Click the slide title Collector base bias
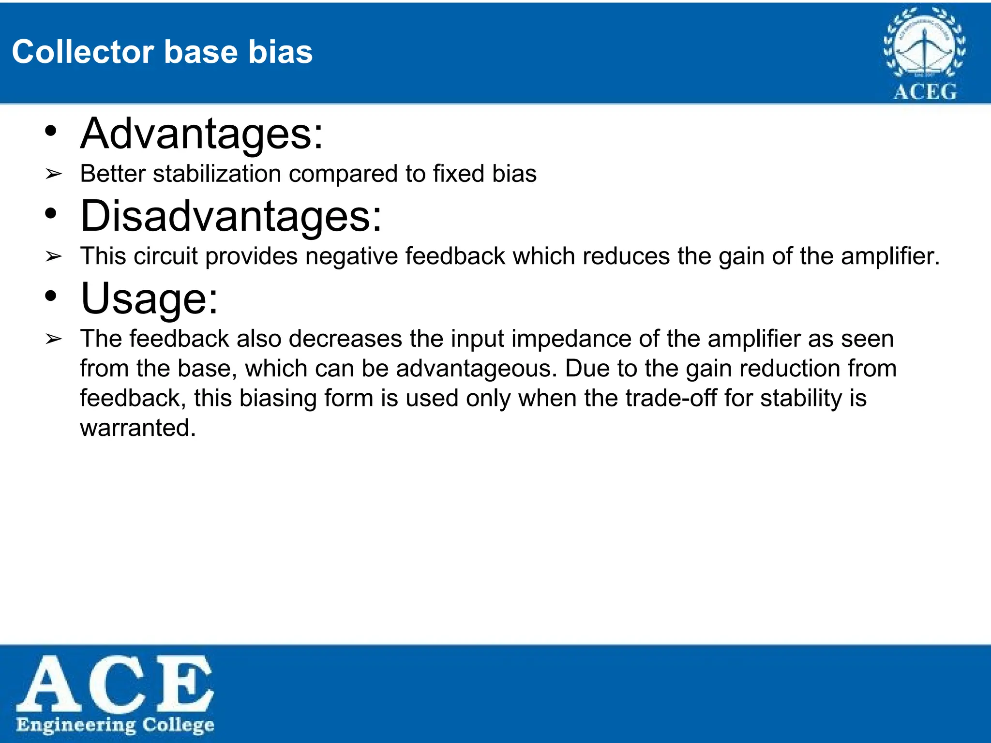point(162,52)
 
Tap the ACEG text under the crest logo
point(925,91)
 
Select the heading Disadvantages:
point(231,216)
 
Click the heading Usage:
point(150,298)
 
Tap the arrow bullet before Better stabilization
point(53,174)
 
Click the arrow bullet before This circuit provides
point(53,256)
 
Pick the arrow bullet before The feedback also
point(53,339)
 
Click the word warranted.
point(138,428)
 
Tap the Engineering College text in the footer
point(115,725)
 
